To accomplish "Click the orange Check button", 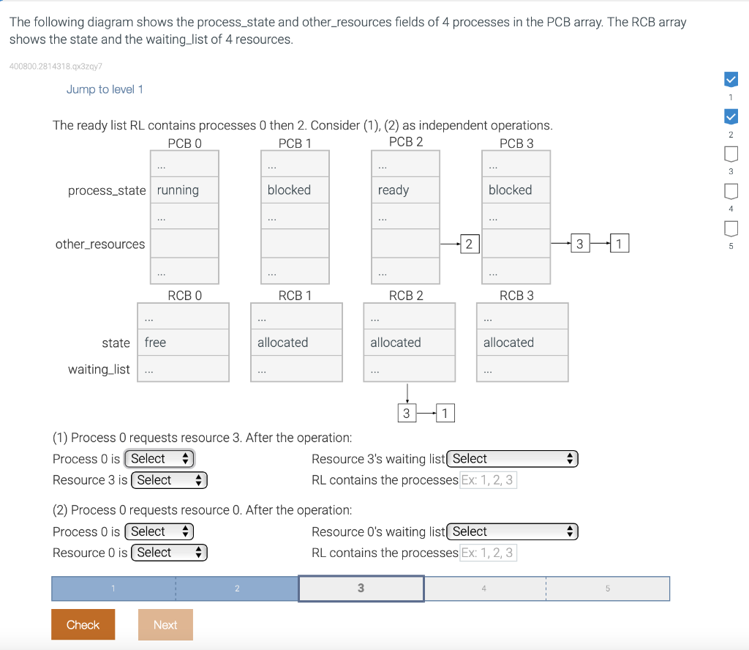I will tap(83, 624).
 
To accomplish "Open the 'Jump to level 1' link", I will tap(105, 89).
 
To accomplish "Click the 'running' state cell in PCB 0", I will tap(184, 190).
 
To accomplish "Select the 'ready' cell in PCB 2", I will tap(405, 190).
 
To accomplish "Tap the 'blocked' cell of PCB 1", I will tap(295, 190).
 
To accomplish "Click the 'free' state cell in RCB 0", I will tap(183, 343).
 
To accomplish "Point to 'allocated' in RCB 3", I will tap(522, 343).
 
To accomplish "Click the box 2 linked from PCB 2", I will tap(469, 244).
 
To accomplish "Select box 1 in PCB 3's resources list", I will tap(619, 244).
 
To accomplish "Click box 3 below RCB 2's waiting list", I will tap(406, 414).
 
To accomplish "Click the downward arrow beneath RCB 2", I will tap(407, 393).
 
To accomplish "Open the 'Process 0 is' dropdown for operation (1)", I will tap(159, 459).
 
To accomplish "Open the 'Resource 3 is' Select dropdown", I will tap(168, 480).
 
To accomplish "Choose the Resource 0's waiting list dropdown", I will tap(512, 531).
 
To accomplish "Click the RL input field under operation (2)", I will tap(488, 553).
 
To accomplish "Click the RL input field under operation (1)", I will tap(488, 480).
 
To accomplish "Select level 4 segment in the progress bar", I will tap(484, 589).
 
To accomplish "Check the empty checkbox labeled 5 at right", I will tap(730, 229).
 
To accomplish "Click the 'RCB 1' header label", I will tap(295, 296).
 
